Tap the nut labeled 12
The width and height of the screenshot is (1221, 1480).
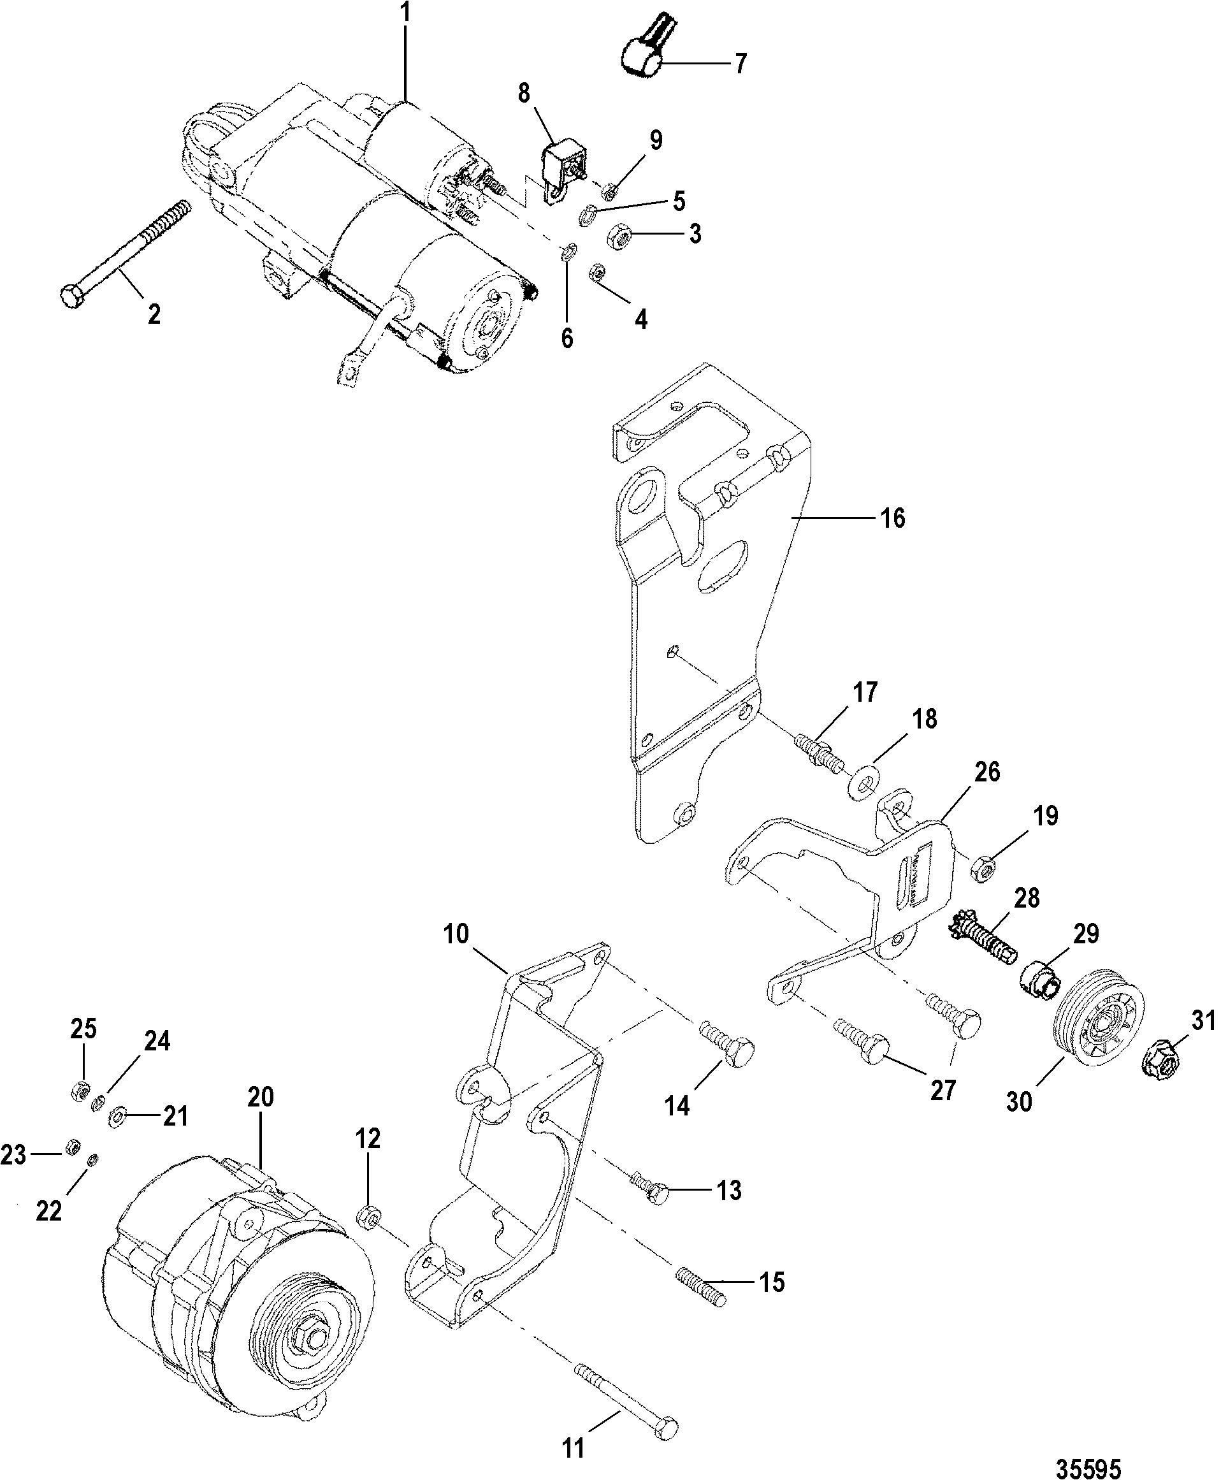[x=368, y=1215]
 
